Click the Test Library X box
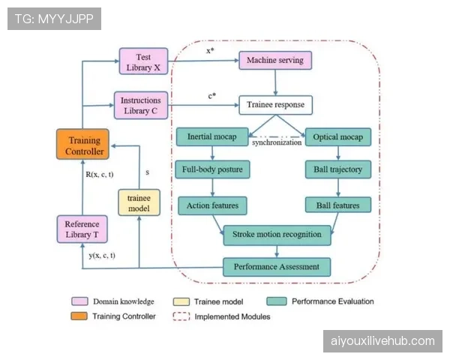pos(143,61)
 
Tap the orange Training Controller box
pos(84,145)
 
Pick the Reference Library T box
pos(82,229)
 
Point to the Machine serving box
pos(274,59)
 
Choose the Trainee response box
pos(275,105)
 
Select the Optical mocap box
pos(338,138)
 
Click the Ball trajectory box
pos(338,170)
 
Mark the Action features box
pos(212,204)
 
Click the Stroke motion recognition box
pos(277,235)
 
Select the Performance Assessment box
pos(277,266)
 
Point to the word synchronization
pos(277,142)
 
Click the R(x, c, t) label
pos(99,175)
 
